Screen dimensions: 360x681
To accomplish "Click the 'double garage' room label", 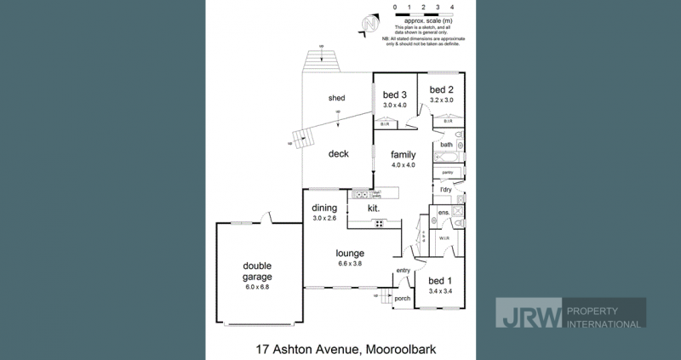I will point(257,271).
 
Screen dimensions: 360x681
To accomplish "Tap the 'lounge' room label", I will point(350,253).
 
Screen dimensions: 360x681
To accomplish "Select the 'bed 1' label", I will point(440,281).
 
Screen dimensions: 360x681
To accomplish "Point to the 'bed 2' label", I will point(442,89).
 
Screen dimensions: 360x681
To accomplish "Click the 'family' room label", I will point(403,155).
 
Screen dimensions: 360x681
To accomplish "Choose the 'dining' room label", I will point(324,208).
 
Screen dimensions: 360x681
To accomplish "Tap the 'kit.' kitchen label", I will point(373,208).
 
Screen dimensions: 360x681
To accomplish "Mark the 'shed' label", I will point(337,98).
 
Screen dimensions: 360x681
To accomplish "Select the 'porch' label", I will point(402,299).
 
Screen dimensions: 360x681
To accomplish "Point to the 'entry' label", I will point(403,271).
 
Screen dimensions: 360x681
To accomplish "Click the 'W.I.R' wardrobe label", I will point(444,238).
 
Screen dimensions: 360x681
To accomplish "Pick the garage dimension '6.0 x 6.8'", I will point(257,287).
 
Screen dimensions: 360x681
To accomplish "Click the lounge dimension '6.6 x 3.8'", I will point(350,264).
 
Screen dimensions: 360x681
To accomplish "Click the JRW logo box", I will point(529,312).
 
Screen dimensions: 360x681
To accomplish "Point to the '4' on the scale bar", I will point(452,7).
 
